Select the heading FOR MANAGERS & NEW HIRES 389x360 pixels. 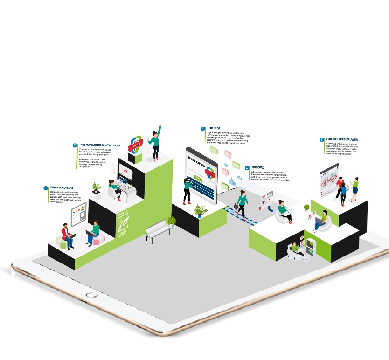[99, 145]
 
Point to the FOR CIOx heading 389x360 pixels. [257, 167]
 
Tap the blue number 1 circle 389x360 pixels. [46, 188]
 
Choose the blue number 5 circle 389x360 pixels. [322, 139]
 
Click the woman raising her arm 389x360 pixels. [155, 140]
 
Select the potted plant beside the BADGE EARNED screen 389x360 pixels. [201, 211]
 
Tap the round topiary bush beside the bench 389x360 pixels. [172, 221]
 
